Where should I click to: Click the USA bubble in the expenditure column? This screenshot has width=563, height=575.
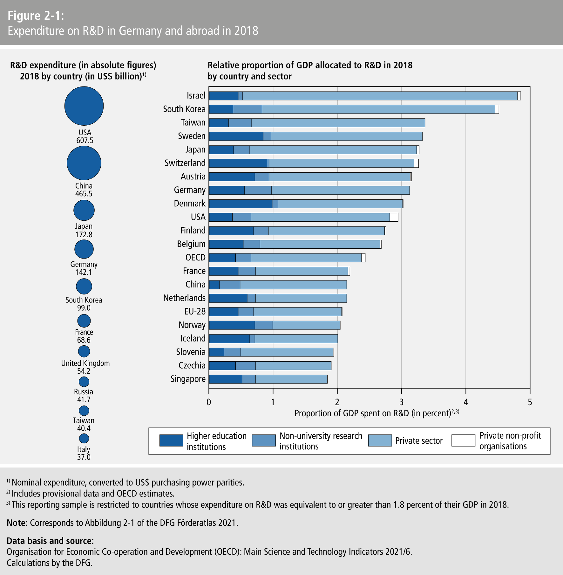[x=84, y=106]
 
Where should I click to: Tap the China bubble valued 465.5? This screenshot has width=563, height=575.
[x=84, y=163]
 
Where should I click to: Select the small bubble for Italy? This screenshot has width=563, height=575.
[x=84, y=438]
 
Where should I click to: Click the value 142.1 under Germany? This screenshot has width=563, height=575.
[x=84, y=272]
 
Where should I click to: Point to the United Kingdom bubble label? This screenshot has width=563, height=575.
[x=85, y=363]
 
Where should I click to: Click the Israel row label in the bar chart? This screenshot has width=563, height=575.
[x=196, y=96]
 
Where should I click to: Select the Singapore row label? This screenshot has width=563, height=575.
[x=188, y=379]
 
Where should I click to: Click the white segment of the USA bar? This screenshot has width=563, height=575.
[x=394, y=217]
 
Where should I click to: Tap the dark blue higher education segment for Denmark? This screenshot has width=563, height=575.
[x=241, y=204]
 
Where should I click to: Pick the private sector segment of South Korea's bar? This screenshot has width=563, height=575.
[x=378, y=109]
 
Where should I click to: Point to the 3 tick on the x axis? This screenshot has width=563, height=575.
[x=402, y=402]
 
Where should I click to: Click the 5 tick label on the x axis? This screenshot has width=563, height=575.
[x=530, y=402]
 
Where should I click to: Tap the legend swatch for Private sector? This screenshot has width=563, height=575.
[x=380, y=441]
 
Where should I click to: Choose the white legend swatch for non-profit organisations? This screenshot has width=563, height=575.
[x=463, y=441]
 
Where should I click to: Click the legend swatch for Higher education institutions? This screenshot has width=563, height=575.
[x=171, y=441]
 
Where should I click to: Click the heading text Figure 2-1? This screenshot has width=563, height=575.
[x=36, y=16]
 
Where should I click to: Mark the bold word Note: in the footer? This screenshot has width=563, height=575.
[x=17, y=523]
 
